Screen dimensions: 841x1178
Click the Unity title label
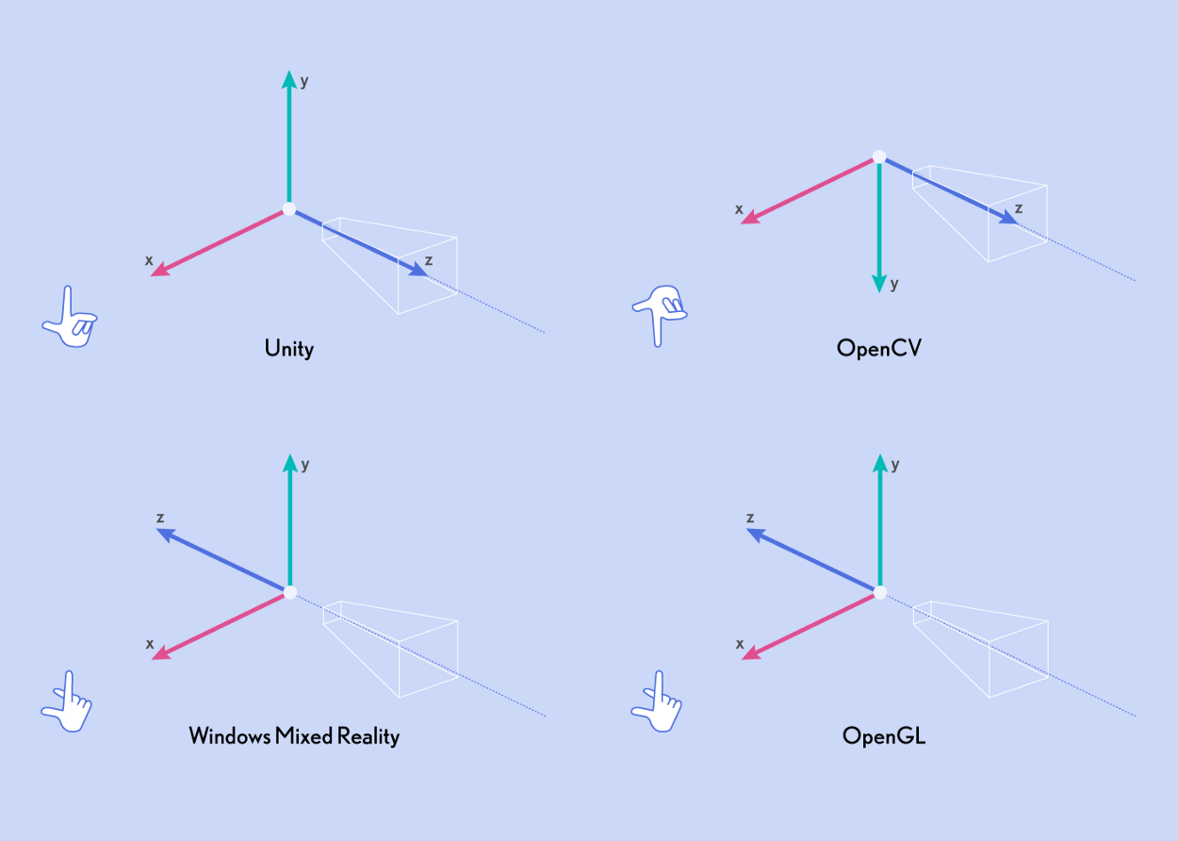[x=289, y=349]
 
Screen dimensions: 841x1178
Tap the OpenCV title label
[x=879, y=349]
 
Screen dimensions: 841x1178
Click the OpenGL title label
[x=884, y=735]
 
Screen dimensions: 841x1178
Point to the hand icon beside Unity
[x=69, y=318]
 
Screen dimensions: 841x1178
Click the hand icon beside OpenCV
[x=660, y=315]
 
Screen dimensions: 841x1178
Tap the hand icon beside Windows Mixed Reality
[x=67, y=702]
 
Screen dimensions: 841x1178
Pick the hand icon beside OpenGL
[x=656, y=702]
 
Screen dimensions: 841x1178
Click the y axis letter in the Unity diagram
[x=304, y=80]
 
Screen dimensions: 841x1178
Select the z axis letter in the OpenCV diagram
[x=1018, y=208]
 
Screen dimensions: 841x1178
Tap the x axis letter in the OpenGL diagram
[x=740, y=644]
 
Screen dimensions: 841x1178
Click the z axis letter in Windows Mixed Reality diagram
[x=161, y=518]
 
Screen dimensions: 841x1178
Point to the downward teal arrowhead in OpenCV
[x=879, y=282]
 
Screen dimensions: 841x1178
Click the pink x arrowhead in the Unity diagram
[x=161, y=270]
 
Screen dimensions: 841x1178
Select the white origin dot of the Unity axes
[x=289, y=209]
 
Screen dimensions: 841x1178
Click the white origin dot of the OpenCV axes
[x=879, y=157]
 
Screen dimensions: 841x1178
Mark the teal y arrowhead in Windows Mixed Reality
[x=289, y=463]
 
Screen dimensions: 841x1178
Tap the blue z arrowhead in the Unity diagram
[x=417, y=271]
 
